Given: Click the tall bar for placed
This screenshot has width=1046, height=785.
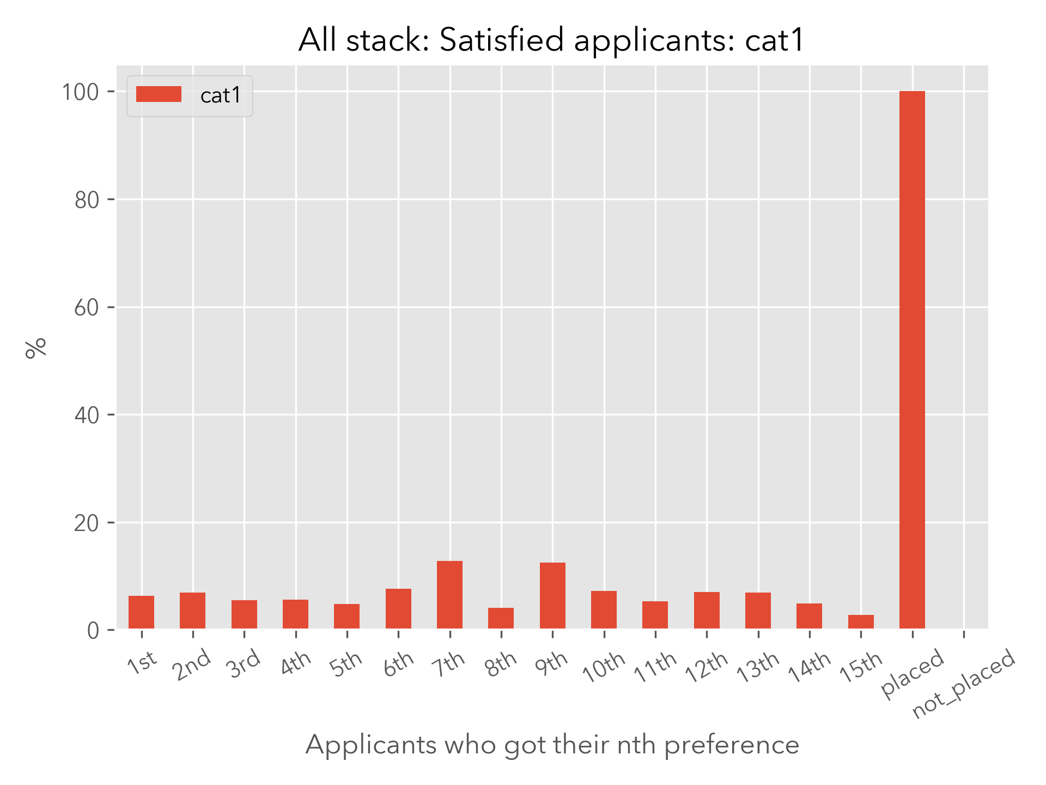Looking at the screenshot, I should [x=912, y=360].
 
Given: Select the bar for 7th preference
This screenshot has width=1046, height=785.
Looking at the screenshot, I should [x=449, y=595].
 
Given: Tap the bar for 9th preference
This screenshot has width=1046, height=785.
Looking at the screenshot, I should [x=552, y=595].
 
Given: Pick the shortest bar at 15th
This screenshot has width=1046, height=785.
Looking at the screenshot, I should [x=861, y=621].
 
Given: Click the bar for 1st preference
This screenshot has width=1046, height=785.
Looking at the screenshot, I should [x=141, y=612].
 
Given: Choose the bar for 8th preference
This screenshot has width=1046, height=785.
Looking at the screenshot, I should [x=501, y=618].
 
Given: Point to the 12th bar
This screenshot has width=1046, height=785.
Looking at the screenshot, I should [x=707, y=610].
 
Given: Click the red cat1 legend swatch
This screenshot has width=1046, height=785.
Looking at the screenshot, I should [x=159, y=94].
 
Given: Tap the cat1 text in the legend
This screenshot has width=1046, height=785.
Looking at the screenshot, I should [x=221, y=95].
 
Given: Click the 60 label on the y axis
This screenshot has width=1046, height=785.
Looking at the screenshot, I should [x=87, y=308].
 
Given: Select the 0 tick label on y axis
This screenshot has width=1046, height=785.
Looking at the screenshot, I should [x=93, y=631].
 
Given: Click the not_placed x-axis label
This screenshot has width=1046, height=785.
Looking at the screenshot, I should [x=963, y=684].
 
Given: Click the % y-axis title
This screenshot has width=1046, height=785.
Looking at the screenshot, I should [x=36, y=348].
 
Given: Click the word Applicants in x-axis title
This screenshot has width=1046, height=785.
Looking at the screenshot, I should [x=371, y=745].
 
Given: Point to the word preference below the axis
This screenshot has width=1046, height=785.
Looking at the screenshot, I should [x=732, y=745].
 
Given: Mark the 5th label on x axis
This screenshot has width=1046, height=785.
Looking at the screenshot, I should [x=346, y=663].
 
